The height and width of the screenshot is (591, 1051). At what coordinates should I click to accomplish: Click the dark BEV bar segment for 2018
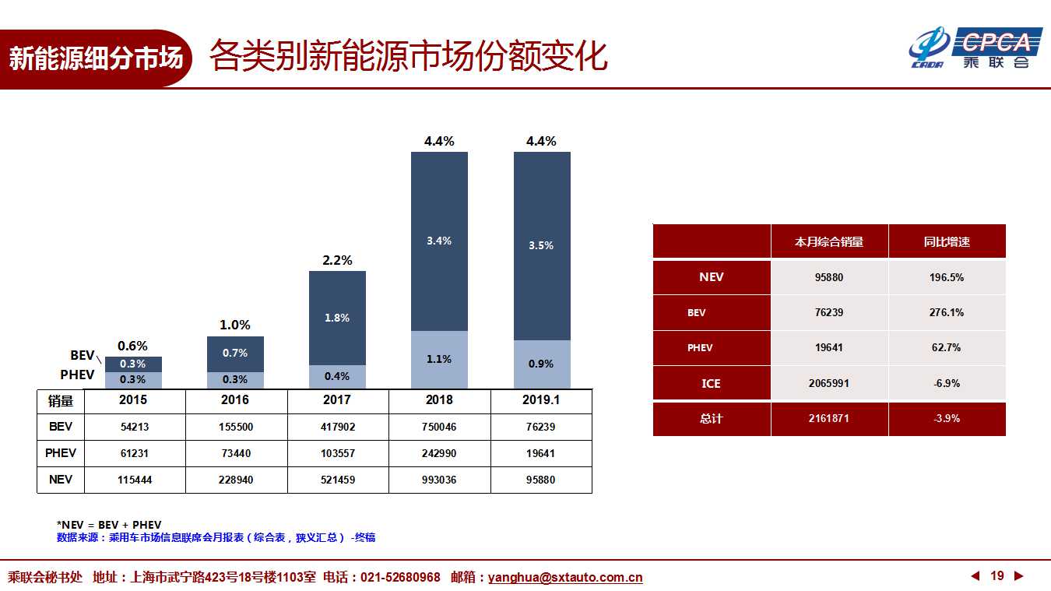(x=439, y=241)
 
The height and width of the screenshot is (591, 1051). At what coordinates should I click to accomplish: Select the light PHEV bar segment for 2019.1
(x=542, y=364)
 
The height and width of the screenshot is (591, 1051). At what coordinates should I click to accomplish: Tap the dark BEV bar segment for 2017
(x=337, y=318)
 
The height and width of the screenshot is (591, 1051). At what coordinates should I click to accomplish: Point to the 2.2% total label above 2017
(x=337, y=260)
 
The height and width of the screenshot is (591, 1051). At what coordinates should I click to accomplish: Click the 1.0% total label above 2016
(x=235, y=325)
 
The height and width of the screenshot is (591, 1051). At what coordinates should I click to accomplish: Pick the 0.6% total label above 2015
(x=133, y=346)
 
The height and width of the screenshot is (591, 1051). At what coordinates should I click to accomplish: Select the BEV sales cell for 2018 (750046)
(x=439, y=427)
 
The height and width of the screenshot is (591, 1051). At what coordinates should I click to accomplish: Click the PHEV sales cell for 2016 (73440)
(x=236, y=453)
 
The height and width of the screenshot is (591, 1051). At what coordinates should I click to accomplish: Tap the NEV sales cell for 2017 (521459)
(x=338, y=480)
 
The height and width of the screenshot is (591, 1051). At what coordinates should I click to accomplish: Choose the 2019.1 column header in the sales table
(x=541, y=400)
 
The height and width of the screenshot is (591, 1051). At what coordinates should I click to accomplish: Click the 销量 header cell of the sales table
(x=61, y=401)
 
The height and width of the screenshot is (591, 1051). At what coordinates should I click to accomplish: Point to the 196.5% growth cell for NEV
(x=947, y=277)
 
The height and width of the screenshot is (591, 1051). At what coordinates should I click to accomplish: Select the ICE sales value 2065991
(x=829, y=384)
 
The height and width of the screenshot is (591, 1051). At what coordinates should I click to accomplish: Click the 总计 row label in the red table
(x=712, y=419)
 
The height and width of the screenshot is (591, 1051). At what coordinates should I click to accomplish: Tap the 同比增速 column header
(x=947, y=241)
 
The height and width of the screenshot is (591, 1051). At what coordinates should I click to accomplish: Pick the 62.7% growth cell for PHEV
(x=947, y=348)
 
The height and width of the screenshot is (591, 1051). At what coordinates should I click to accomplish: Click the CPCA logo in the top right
(x=976, y=47)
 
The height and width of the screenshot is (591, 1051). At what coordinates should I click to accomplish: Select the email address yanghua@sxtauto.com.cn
(x=565, y=578)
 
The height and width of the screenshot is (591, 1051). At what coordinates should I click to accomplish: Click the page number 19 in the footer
(x=997, y=576)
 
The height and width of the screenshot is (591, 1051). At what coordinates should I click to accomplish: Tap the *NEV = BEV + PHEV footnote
(x=109, y=525)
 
